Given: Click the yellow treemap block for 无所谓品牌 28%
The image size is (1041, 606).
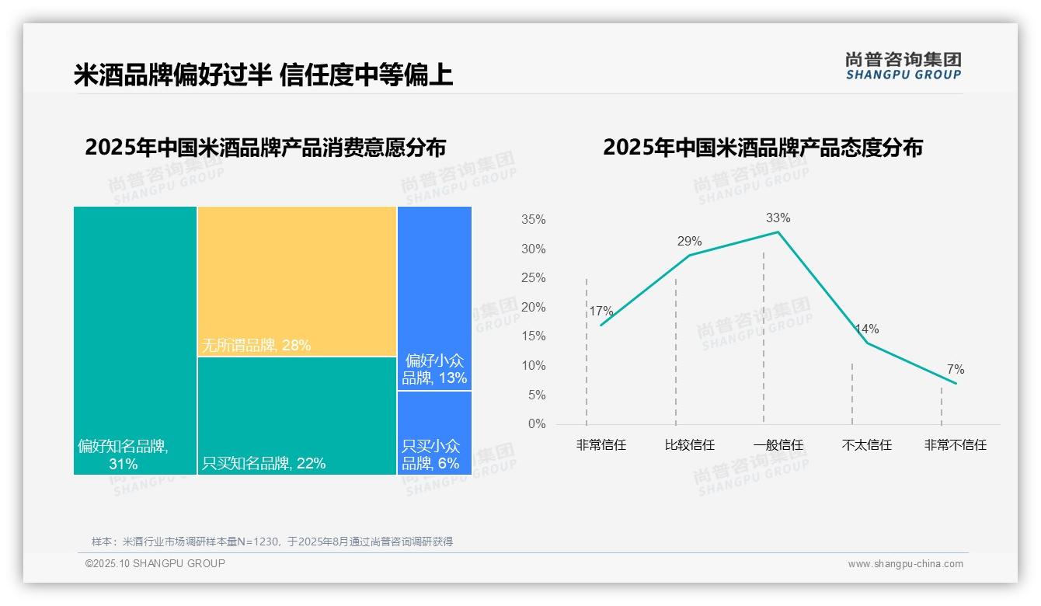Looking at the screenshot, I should coord(297,281).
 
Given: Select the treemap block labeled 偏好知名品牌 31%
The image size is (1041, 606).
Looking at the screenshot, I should coord(135,340).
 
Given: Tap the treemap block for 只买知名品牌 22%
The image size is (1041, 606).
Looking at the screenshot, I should coord(297,416).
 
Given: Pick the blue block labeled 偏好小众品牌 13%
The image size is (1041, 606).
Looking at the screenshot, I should coord(434,298).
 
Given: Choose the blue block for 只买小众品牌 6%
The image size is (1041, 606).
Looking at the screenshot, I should coord(434,433).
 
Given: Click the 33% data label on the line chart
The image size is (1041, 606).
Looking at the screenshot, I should coord(778,218).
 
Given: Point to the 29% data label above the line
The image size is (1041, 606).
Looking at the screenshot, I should coord(689,241).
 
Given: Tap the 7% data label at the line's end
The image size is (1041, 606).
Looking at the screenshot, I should coord(955,369).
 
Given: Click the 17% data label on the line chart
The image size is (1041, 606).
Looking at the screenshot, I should coord(601,312).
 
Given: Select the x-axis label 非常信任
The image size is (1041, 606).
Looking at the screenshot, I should coord(601,445).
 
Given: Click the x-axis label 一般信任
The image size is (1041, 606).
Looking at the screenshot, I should coord(778,445).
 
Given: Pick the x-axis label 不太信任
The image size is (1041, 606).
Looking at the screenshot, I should coord(866,445).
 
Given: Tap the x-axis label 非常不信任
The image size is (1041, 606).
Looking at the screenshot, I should coord(955,445).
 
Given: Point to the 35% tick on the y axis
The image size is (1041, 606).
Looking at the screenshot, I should coord(533,220).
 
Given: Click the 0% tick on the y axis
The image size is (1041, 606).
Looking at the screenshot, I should coord(536,424).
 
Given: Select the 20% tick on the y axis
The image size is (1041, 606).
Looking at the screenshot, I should coord(533,308).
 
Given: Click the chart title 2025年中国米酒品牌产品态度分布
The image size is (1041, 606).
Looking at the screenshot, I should coord(762,148).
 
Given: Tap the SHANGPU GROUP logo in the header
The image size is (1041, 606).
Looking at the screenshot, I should coord(903,66).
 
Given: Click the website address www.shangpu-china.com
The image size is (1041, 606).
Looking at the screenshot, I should coord(905,564).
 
